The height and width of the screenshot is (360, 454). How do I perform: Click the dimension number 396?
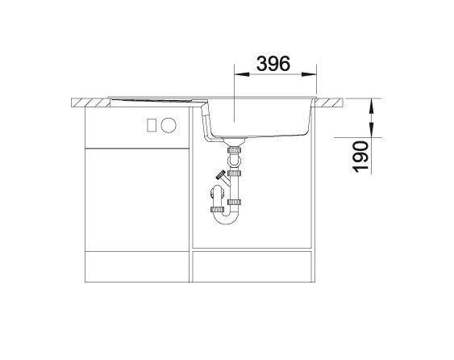tap(273, 64)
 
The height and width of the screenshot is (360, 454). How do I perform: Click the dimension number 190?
tap(360, 157)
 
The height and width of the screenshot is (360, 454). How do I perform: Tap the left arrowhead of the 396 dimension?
tap(241, 74)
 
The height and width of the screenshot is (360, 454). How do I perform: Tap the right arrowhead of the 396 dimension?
tap(309, 74)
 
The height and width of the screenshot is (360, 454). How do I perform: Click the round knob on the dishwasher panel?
tap(169, 125)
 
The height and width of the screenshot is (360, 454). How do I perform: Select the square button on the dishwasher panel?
tap(152, 125)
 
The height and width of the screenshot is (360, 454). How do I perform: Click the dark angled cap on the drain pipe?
tap(221, 175)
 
